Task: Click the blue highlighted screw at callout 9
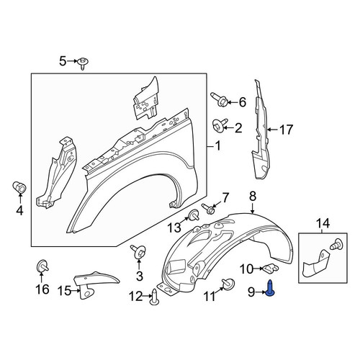[x=271, y=288]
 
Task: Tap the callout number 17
[x=286, y=130]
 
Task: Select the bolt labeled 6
[x=219, y=100]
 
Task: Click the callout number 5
[x=63, y=61]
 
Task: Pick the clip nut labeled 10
[x=271, y=268]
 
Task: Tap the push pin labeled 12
[x=155, y=297]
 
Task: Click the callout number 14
[x=323, y=223]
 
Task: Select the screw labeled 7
[x=209, y=209]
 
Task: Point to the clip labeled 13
[x=194, y=215]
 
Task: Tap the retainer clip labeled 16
[x=42, y=266]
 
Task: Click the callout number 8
[x=253, y=197]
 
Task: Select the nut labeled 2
[x=220, y=126]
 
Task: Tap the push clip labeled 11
[x=228, y=283]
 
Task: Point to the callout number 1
[x=217, y=146]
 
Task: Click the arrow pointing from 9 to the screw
[x=261, y=292]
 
